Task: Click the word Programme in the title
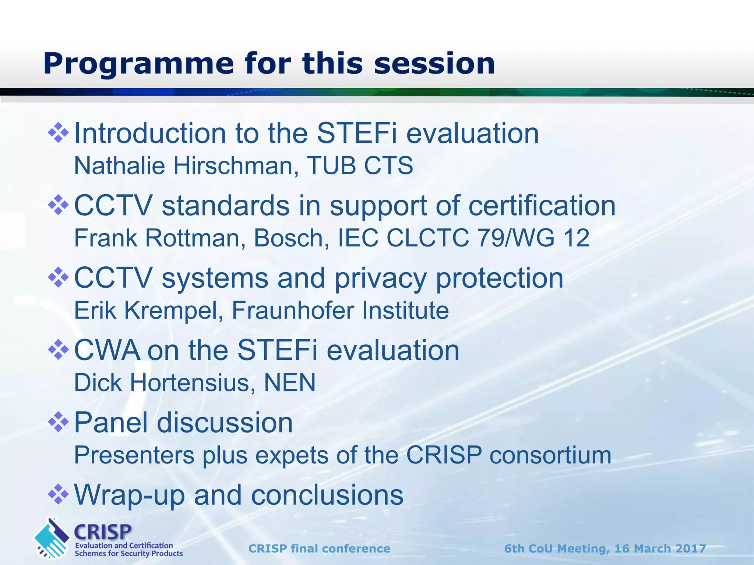click(138, 64)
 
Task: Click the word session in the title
click(434, 64)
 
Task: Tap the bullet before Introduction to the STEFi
click(59, 133)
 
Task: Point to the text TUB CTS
click(360, 166)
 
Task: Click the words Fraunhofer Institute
click(340, 310)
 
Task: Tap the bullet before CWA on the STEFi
click(59, 350)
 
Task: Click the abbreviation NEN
click(290, 383)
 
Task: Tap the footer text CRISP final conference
click(319, 548)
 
